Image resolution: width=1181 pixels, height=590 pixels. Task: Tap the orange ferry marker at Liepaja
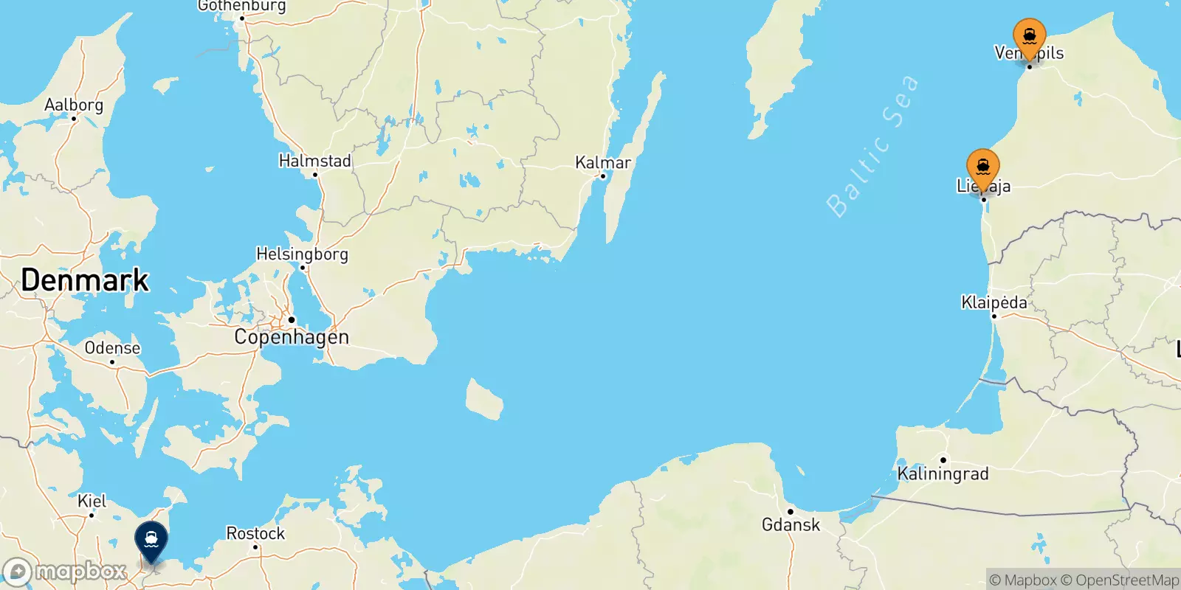point(983,167)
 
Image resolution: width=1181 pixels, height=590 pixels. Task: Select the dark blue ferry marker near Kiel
point(151,541)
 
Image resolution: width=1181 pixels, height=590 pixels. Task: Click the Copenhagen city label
point(292,337)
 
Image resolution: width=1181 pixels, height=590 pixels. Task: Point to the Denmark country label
point(85,280)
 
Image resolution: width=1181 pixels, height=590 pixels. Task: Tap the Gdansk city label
point(791,524)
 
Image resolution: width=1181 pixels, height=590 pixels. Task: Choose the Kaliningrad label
point(943,473)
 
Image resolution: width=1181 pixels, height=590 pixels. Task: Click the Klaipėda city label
point(994,302)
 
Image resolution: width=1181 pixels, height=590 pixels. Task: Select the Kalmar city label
point(603,162)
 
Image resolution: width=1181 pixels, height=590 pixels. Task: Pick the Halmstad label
point(314,161)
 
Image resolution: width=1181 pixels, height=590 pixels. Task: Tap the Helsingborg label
point(302,254)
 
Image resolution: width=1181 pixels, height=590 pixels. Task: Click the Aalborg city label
point(74,105)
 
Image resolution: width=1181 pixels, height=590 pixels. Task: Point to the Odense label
point(112,348)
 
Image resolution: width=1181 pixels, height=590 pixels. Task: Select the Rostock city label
point(255,533)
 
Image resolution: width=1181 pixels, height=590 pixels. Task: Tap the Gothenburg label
point(241,7)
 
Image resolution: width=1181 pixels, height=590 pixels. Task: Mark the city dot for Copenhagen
point(292,320)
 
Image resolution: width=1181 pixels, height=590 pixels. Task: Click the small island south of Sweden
point(484,400)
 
